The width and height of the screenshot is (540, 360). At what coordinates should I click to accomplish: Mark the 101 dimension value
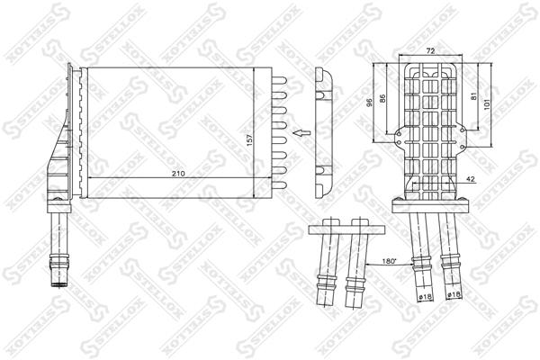(x=489, y=103)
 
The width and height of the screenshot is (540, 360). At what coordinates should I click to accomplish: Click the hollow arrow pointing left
(x=301, y=136)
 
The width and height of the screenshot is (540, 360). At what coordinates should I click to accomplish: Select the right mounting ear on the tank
(x=464, y=138)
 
